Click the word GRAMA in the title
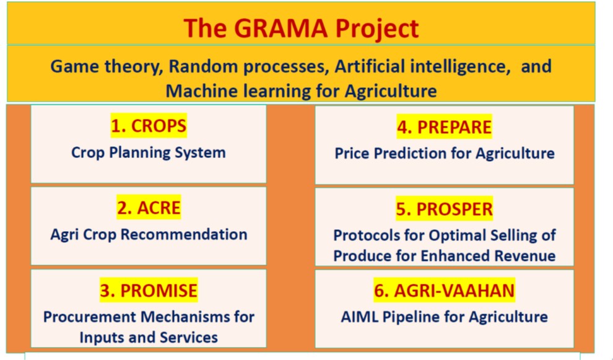pos(280,28)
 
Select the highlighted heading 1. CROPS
pos(149,126)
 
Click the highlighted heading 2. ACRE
pos(149,208)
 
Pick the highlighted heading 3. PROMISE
pos(149,291)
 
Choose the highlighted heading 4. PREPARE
pos(444,127)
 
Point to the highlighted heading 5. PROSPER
pos(444,209)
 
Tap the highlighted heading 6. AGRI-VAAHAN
pos(444,291)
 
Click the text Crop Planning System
pos(149,152)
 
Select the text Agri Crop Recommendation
pos(149,235)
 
